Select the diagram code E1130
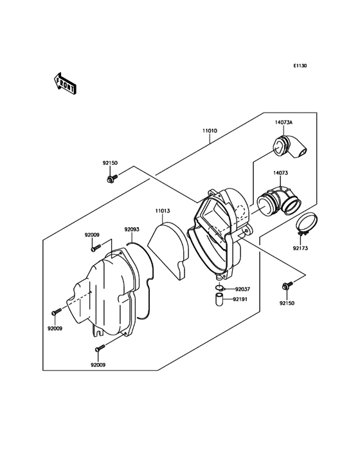[300, 66]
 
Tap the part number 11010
[210, 131]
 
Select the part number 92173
[300, 248]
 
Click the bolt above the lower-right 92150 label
[287, 285]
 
